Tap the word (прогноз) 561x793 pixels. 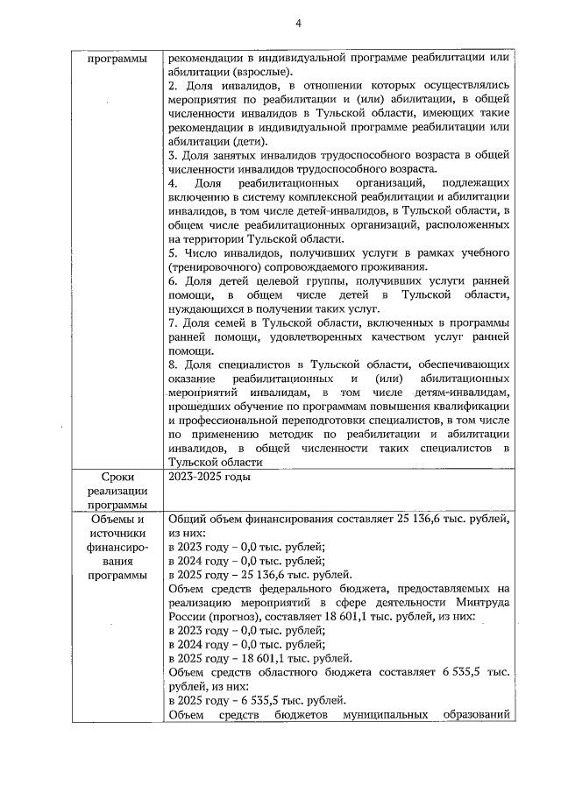click(232, 617)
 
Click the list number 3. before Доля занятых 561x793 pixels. click(172, 156)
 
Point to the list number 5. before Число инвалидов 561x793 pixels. click(172, 253)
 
